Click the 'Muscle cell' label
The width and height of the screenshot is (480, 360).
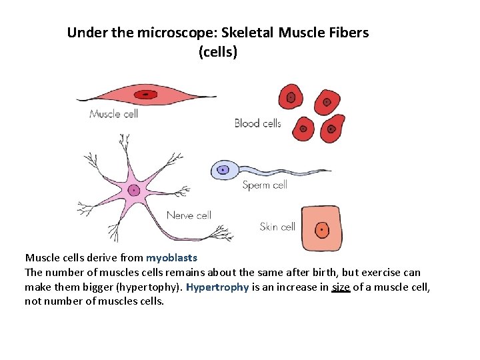[113, 114]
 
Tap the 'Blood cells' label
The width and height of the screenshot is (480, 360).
[257, 123]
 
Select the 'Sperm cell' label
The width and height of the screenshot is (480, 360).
[265, 185]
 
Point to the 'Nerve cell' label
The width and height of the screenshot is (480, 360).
[189, 215]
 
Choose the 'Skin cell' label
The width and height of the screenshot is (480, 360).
[277, 227]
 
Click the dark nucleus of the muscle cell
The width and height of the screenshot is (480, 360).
[145, 95]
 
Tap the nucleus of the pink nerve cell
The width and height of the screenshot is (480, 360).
[135, 190]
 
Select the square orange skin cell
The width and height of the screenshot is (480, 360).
[321, 229]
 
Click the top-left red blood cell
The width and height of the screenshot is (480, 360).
[291, 97]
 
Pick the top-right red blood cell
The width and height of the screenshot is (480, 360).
[327, 102]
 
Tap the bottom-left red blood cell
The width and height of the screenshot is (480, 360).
[303, 127]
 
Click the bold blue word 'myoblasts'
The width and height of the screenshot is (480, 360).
[172, 257]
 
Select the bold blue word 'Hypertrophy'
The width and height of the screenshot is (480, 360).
[217, 287]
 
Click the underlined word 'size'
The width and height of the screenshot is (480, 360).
[341, 287]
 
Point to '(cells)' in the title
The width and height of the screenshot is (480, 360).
[217, 51]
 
